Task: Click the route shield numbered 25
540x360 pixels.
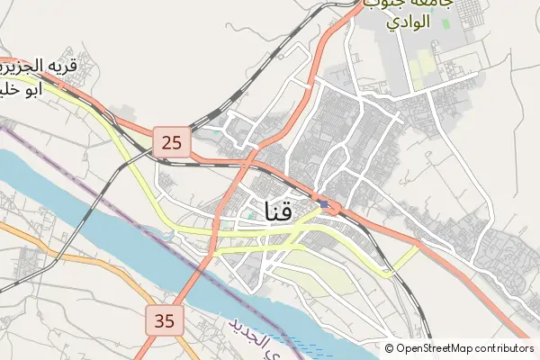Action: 173,140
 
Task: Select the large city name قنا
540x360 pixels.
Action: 280,211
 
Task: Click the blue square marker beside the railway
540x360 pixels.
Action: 324,204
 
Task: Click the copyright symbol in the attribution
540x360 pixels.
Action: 390,348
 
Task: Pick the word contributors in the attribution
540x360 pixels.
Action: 505,348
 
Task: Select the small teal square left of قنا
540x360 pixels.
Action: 251,215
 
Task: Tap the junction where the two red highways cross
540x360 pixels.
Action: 247,165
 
